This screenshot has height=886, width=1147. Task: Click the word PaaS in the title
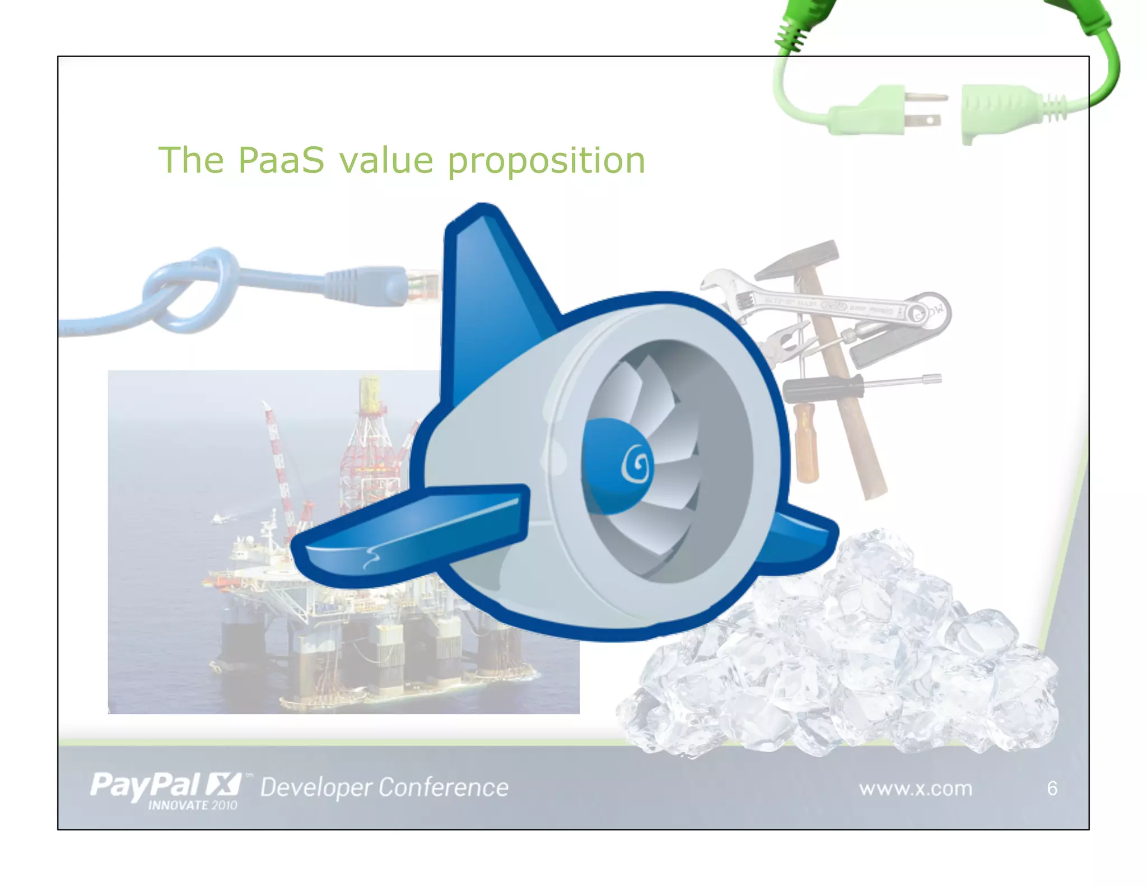pyautogui.click(x=281, y=160)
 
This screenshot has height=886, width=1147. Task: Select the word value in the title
pyautogui.click(x=386, y=160)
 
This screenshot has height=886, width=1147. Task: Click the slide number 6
pyautogui.click(x=1052, y=789)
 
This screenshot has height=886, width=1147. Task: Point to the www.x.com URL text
pyautogui.click(x=915, y=789)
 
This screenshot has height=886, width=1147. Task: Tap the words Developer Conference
pyautogui.click(x=384, y=787)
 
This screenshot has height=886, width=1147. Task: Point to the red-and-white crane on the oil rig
pyautogui.click(x=280, y=459)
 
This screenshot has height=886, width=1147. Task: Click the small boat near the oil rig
pyautogui.click(x=218, y=519)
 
